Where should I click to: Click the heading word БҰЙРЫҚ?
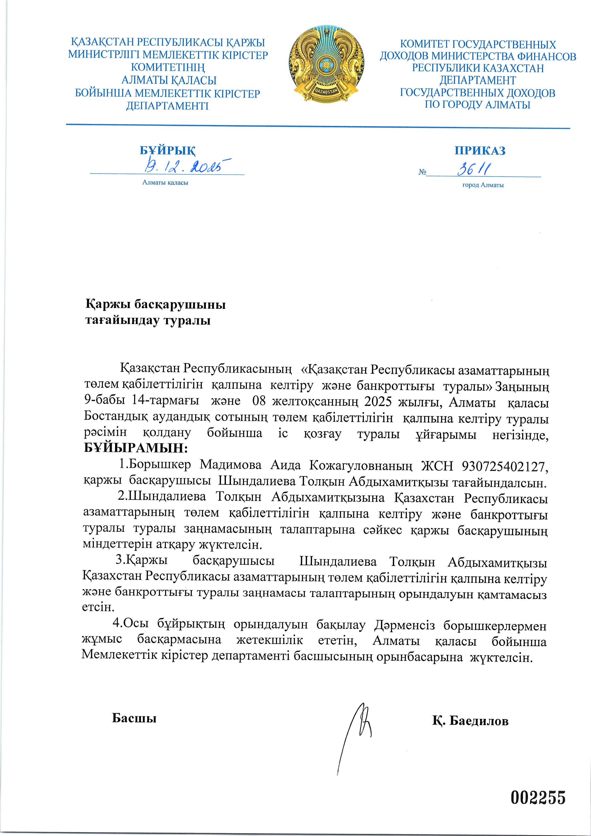tap(168, 150)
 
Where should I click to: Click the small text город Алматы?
tap(483, 185)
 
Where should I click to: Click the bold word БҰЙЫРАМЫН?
tap(135, 448)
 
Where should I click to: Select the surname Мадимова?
tap(230, 465)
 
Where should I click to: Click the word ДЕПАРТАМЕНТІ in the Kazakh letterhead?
tap(167, 106)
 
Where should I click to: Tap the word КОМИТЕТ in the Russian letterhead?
tap(424, 44)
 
